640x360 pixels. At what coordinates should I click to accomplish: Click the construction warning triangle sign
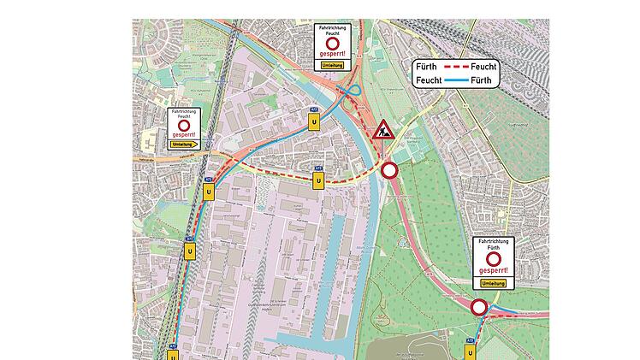382,133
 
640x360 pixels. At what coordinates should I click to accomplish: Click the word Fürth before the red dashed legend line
425,66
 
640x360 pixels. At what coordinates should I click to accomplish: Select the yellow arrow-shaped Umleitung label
185,145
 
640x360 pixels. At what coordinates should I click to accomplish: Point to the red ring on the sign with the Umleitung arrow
183,125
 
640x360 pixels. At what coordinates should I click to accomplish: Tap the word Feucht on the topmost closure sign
333,33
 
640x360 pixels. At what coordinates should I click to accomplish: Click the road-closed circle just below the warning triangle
390,170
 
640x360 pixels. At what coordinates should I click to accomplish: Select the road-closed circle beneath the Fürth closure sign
479,307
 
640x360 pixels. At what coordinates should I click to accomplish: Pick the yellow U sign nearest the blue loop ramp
315,122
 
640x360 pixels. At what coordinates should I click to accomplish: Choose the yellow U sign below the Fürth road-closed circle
470,351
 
